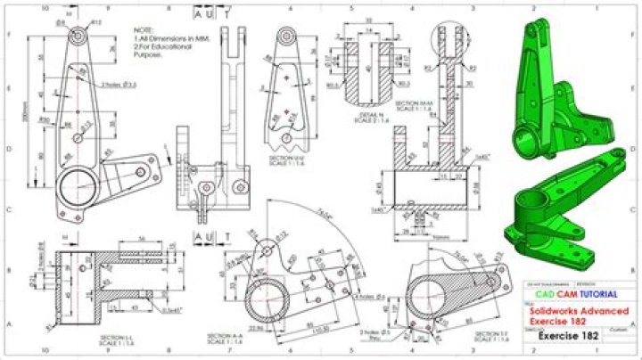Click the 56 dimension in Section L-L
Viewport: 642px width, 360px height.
(142, 240)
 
